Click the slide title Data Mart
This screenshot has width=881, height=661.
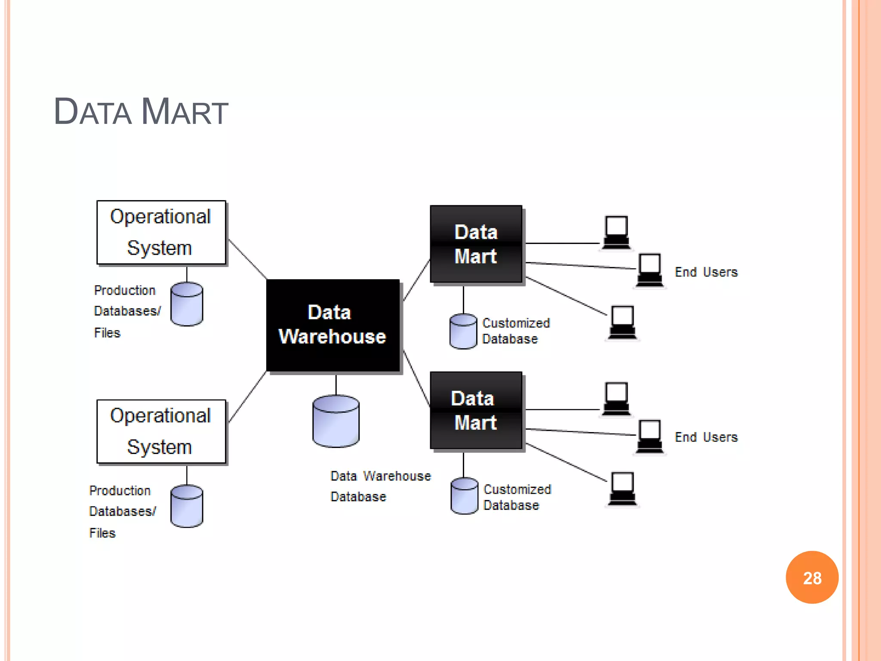(x=141, y=112)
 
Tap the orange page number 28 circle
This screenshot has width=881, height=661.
(x=812, y=578)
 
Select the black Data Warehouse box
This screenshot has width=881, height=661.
(x=333, y=325)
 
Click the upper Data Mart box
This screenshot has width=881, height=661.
(x=476, y=244)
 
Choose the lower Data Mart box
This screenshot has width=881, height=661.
(x=476, y=410)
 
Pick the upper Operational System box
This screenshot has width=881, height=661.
(x=161, y=232)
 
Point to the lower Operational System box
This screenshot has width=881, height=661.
(x=161, y=432)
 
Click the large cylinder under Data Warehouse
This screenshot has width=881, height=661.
(x=336, y=421)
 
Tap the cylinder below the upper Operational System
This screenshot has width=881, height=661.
(x=187, y=304)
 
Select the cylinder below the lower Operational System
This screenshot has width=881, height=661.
(x=187, y=506)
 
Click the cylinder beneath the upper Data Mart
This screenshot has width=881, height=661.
(x=463, y=331)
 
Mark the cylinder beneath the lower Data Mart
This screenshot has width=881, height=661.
(x=464, y=496)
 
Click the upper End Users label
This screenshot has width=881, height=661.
(x=706, y=272)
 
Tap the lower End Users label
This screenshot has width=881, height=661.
(x=706, y=437)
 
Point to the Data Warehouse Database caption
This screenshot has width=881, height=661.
(x=380, y=486)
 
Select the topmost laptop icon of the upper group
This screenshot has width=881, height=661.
(x=616, y=232)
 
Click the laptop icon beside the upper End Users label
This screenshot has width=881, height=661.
(x=650, y=270)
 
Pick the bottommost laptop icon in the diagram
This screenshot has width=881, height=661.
(x=622, y=489)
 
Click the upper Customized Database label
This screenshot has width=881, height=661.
(x=516, y=331)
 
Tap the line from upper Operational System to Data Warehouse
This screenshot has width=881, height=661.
(x=247, y=259)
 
